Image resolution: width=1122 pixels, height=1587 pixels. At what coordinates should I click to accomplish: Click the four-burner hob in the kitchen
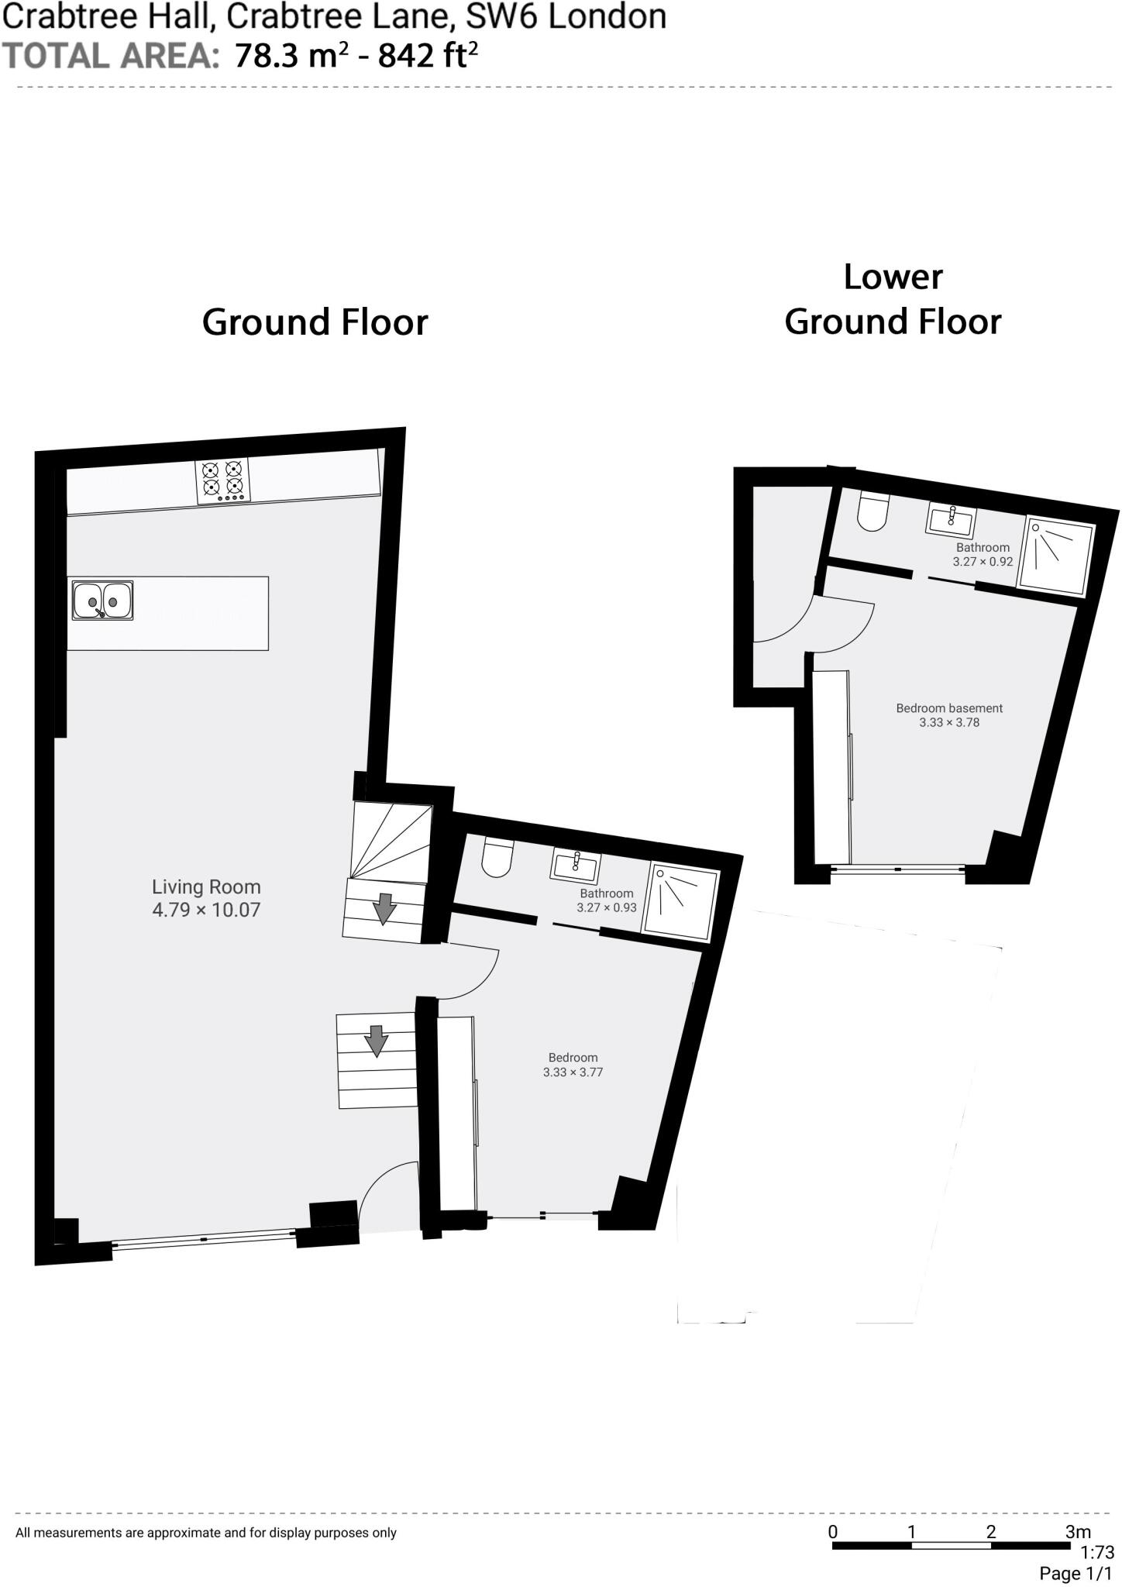(222, 481)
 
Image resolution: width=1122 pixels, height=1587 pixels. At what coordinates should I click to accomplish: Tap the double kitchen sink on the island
(103, 601)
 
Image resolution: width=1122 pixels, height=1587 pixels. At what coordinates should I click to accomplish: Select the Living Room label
(206, 887)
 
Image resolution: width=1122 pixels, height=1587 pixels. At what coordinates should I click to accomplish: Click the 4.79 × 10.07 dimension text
(206, 910)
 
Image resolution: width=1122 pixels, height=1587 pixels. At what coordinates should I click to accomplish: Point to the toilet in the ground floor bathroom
(497, 857)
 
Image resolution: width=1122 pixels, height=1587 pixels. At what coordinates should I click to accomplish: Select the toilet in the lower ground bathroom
(872, 513)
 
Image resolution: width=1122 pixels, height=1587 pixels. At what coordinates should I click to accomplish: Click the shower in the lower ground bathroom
(1056, 556)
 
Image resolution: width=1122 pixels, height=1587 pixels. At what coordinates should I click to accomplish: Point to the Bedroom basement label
(949, 708)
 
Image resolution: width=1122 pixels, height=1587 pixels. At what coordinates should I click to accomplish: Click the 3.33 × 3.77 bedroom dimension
(573, 1072)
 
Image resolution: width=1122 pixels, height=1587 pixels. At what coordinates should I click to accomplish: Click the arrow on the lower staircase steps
(377, 1041)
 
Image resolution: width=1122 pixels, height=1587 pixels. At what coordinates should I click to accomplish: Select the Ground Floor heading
(315, 322)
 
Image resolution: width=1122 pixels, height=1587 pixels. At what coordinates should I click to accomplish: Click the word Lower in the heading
(893, 277)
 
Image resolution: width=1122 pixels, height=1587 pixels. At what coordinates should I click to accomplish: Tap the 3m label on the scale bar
(1077, 1531)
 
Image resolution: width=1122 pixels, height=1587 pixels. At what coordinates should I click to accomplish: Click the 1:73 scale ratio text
(1097, 1552)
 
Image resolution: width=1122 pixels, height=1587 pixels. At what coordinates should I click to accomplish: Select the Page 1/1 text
(1076, 1574)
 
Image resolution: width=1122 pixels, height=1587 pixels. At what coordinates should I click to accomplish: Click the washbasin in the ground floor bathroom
(574, 866)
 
